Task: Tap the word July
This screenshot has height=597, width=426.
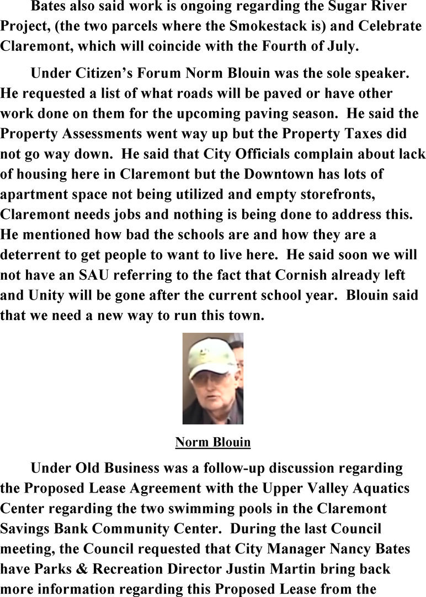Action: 344,46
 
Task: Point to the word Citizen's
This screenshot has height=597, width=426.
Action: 102,73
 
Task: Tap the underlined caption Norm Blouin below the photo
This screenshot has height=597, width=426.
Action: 212,442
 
